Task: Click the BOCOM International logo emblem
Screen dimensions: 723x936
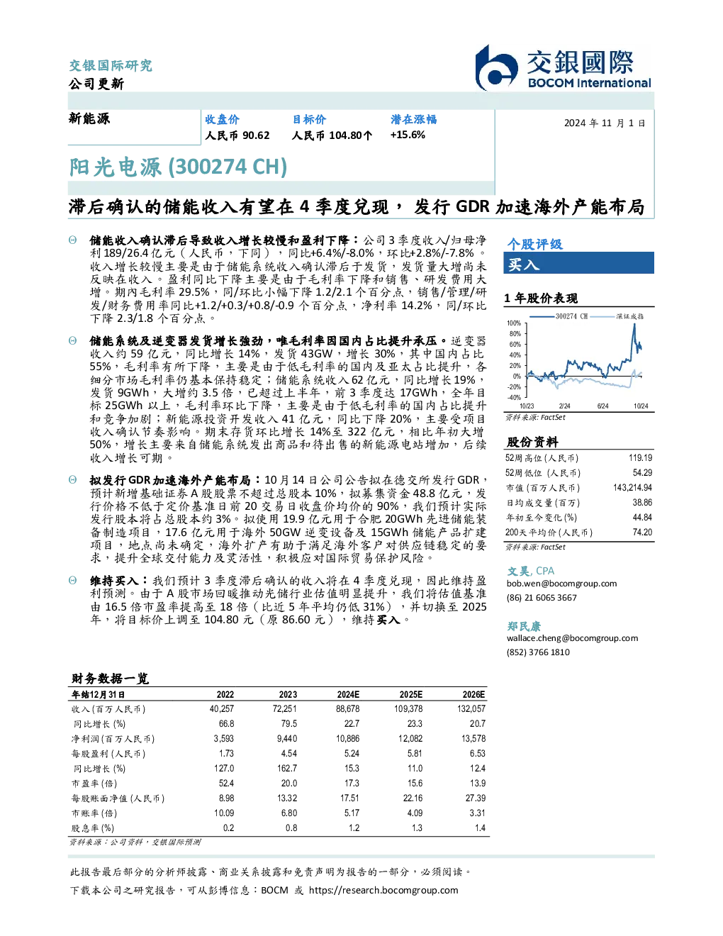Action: [496, 67]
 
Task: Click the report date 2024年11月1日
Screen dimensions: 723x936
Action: [605, 123]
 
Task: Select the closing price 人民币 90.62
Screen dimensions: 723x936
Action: [237, 135]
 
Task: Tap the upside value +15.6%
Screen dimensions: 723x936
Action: [408, 135]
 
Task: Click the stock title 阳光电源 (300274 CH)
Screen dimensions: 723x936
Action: [178, 167]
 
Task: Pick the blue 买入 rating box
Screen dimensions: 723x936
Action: [578, 263]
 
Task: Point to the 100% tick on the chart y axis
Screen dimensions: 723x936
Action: [514, 323]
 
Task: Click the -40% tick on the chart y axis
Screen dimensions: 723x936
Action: [514, 398]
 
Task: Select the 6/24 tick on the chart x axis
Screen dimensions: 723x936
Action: [603, 406]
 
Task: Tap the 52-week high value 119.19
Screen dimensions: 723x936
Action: [640, 458]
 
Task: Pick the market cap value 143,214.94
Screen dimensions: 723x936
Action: [632, 488]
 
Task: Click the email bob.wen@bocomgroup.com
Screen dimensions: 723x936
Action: [561, 584]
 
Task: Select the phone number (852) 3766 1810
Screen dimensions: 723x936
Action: [538, 652]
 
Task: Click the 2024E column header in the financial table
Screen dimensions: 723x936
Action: [348, 695]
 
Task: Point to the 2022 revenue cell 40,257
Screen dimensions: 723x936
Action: [222, 709]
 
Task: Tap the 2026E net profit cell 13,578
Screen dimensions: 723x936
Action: [473, 739]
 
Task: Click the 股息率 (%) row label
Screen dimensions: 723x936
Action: [93, 828]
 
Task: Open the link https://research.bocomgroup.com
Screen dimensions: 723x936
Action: [383, 891]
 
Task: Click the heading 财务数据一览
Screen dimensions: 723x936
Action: [110, 679]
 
